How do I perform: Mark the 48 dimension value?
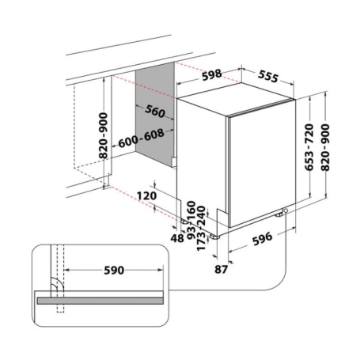[177, 236]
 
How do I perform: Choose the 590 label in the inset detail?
[113, 270]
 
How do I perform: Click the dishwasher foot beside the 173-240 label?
[214, 236]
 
